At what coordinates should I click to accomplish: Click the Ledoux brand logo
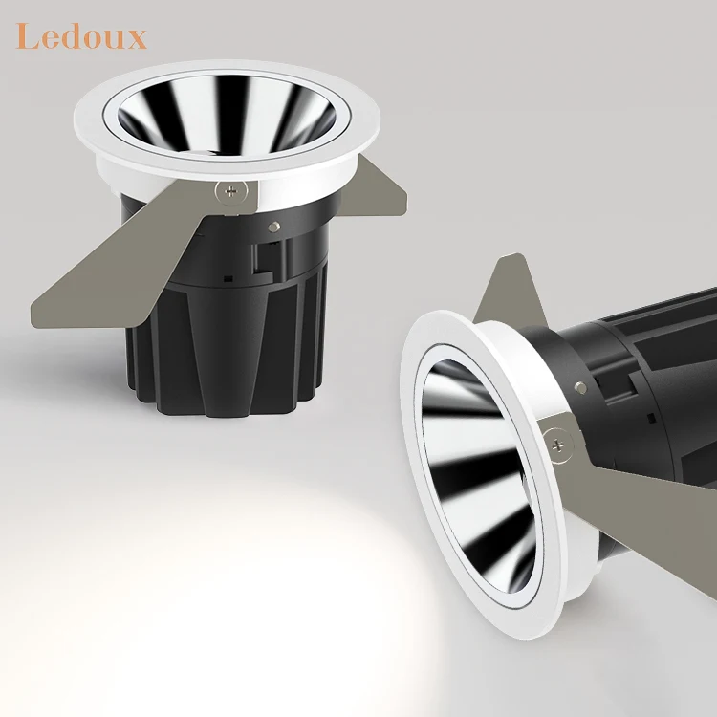[x=81, y=37]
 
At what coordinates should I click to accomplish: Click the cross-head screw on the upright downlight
[x=227, y=190]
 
